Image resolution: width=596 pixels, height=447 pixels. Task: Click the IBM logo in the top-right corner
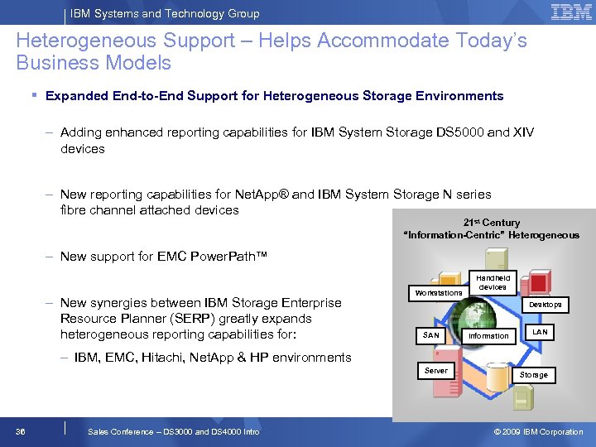click(570, 12)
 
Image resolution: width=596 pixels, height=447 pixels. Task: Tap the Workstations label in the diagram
click(439, 292)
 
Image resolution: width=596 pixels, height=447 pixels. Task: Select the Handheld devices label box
click(493, 282)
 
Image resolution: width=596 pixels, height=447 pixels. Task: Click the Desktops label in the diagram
click(546, 305)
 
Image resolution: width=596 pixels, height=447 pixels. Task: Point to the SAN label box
click(431, 335)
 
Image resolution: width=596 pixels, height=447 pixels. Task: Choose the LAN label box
click(540, 332)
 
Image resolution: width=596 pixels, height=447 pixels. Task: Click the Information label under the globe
click(488, 336)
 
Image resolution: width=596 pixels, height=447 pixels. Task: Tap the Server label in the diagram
click(435, 371)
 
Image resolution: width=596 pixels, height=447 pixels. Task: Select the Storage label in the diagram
click(533, 375)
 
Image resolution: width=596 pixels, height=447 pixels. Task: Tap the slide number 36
click(20, 431)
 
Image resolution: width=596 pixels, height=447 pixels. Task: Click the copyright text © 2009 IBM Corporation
click(538, 431)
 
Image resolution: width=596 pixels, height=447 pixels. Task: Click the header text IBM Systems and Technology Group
click(165, 13)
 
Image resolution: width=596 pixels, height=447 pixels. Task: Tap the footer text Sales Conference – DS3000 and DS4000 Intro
click(173, 431)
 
